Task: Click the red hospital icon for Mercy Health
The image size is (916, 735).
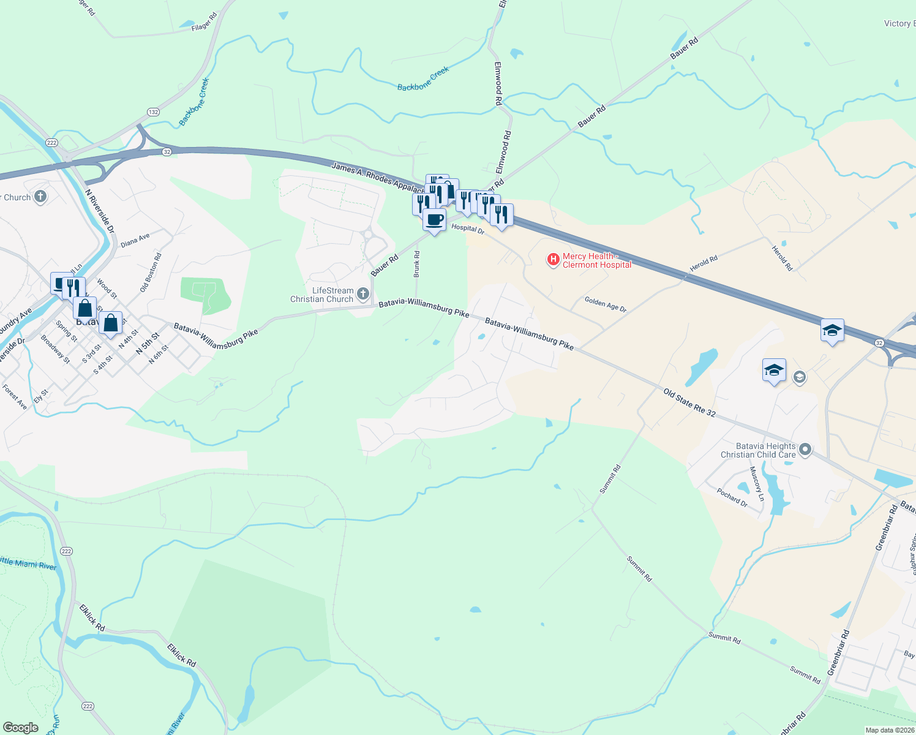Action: [x=553, y=260]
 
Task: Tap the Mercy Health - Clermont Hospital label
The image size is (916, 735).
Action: [x=596, y=260]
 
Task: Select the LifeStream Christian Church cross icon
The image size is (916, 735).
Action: [x=362, y=295]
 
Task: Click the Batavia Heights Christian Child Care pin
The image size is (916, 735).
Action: [x=805, y=450]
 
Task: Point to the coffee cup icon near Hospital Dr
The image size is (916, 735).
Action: [x=434, y=219]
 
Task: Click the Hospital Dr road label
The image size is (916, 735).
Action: [x=468, y=228]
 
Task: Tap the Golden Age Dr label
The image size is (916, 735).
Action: [x=605, y=304]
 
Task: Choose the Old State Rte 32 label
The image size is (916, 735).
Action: [x=689, y=402]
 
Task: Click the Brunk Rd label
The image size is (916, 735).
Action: [x=417, y=264]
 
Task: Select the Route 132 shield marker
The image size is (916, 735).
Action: [x=153, y=112]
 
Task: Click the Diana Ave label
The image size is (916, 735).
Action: [x=135, y=240]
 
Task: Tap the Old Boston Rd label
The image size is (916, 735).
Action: [x=151, y=273]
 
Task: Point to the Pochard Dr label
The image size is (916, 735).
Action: [x=732, y=497]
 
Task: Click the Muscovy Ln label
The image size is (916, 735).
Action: [x=757, y=484]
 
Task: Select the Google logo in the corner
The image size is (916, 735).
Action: [x=20, y=727]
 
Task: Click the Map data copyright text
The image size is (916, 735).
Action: [x=889, y=730]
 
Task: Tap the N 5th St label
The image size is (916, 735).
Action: [x=148, y=343]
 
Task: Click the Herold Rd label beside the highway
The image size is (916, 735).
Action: [x=703, y=263]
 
